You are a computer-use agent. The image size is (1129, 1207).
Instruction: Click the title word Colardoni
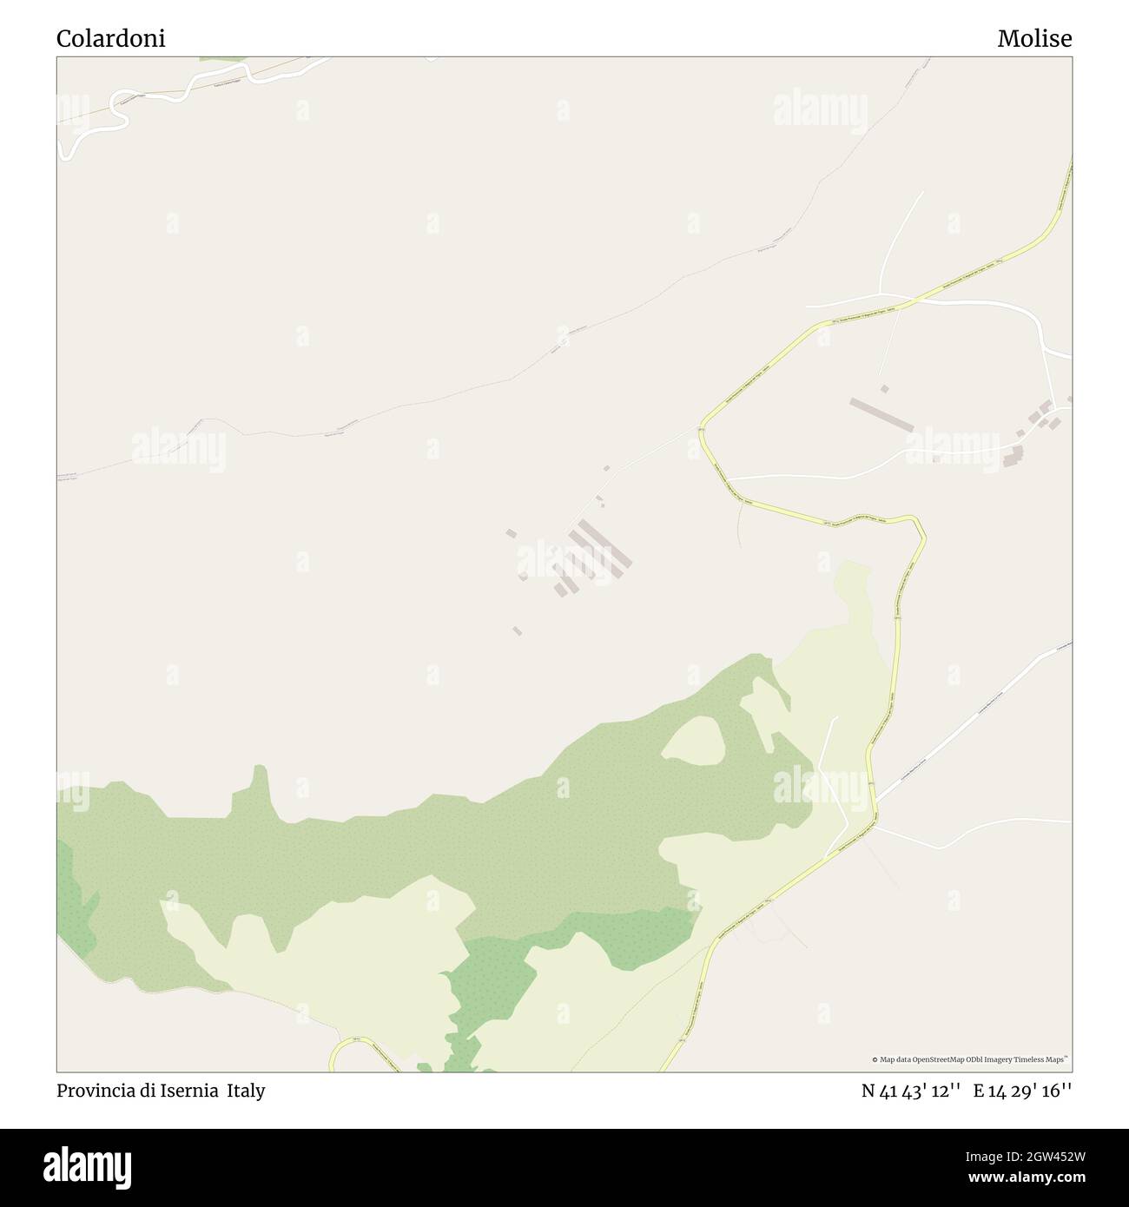pos(110,38)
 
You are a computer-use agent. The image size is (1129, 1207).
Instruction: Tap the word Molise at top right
pos(1034,38)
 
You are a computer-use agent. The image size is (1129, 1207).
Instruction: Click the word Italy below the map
pos(247,1091)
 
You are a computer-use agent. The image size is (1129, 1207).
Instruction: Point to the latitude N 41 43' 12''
pos(910,1091)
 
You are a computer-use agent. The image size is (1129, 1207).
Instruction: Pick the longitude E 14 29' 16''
pos(1022,1091)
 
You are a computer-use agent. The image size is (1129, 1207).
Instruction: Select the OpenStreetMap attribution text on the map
pos(971,1059)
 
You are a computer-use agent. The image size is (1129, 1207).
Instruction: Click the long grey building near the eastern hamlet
pos(881,415)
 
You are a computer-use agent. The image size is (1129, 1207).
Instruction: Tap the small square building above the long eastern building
pos(884,389)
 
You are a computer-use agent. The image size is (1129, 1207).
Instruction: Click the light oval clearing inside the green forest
pos(695,740)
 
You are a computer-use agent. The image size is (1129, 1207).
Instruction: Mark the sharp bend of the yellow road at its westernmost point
pos(703,427)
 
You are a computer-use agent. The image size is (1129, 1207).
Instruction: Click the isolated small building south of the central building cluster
pos(518,631)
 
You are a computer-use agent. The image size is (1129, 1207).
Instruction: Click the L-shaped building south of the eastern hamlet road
pos(1013,457)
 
